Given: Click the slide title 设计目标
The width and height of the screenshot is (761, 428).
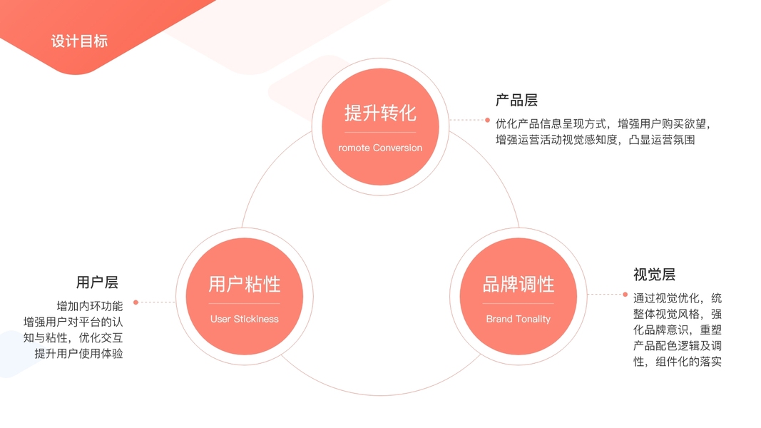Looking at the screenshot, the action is click(x=79, y=41).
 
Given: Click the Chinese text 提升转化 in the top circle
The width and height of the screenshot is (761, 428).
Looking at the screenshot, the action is click(x=380, y=113).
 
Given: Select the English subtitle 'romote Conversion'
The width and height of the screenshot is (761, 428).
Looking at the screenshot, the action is click(x=380, y=148).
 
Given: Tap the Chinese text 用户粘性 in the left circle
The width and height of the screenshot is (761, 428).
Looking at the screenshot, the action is click(x=244, y=284).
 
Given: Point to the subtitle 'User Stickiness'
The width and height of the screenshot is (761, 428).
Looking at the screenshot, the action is click(x=244, y=319).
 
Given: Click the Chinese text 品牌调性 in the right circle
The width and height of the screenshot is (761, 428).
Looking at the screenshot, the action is click(x=519, y=284).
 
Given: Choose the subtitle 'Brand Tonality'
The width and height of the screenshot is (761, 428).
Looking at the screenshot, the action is click(x=519, y=319).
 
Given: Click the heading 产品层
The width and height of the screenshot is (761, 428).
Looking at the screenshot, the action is click(x=516, y=101).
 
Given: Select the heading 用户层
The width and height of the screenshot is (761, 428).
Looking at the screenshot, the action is click(x=97, y=282).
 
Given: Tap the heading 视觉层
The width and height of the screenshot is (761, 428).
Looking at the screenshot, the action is click(x=654, y=275).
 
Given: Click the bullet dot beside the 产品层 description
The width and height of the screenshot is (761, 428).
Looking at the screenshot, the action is click(x=488, y=121).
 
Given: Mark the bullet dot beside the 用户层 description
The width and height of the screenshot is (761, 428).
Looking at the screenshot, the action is click(x=136, y=302).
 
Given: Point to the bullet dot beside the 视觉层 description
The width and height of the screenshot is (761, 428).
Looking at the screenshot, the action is click(x=625, y=294).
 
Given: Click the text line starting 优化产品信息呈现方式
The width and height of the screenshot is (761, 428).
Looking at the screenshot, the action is click(x=603, y=123).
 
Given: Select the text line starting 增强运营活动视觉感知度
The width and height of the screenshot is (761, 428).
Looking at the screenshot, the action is click(x=595, y=140).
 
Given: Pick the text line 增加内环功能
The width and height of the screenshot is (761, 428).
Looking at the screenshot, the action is click(x=90, y=306).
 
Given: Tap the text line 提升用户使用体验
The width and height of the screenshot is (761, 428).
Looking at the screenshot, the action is click(x=78, y=353).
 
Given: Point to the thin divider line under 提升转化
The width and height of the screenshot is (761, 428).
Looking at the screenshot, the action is click(x=380, y=133).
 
